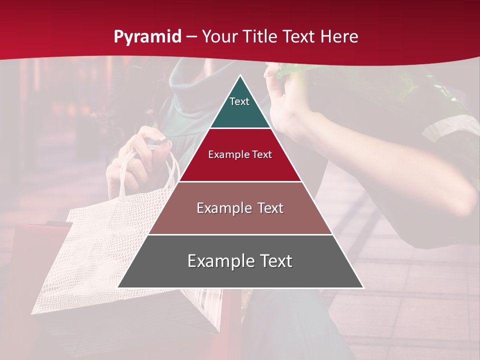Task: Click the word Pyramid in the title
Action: tap(147, 36)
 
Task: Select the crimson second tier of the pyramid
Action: tap(240, 165)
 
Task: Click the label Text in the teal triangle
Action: tap(239, 101)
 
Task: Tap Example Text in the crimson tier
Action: tap(240, 154)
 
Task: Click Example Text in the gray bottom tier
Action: tap(240, 261)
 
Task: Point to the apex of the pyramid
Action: tap(240, 76)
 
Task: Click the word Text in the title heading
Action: tap(299, 36)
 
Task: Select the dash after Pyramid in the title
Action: tap(191, 37)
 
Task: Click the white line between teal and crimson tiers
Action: tap(240, 128)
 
